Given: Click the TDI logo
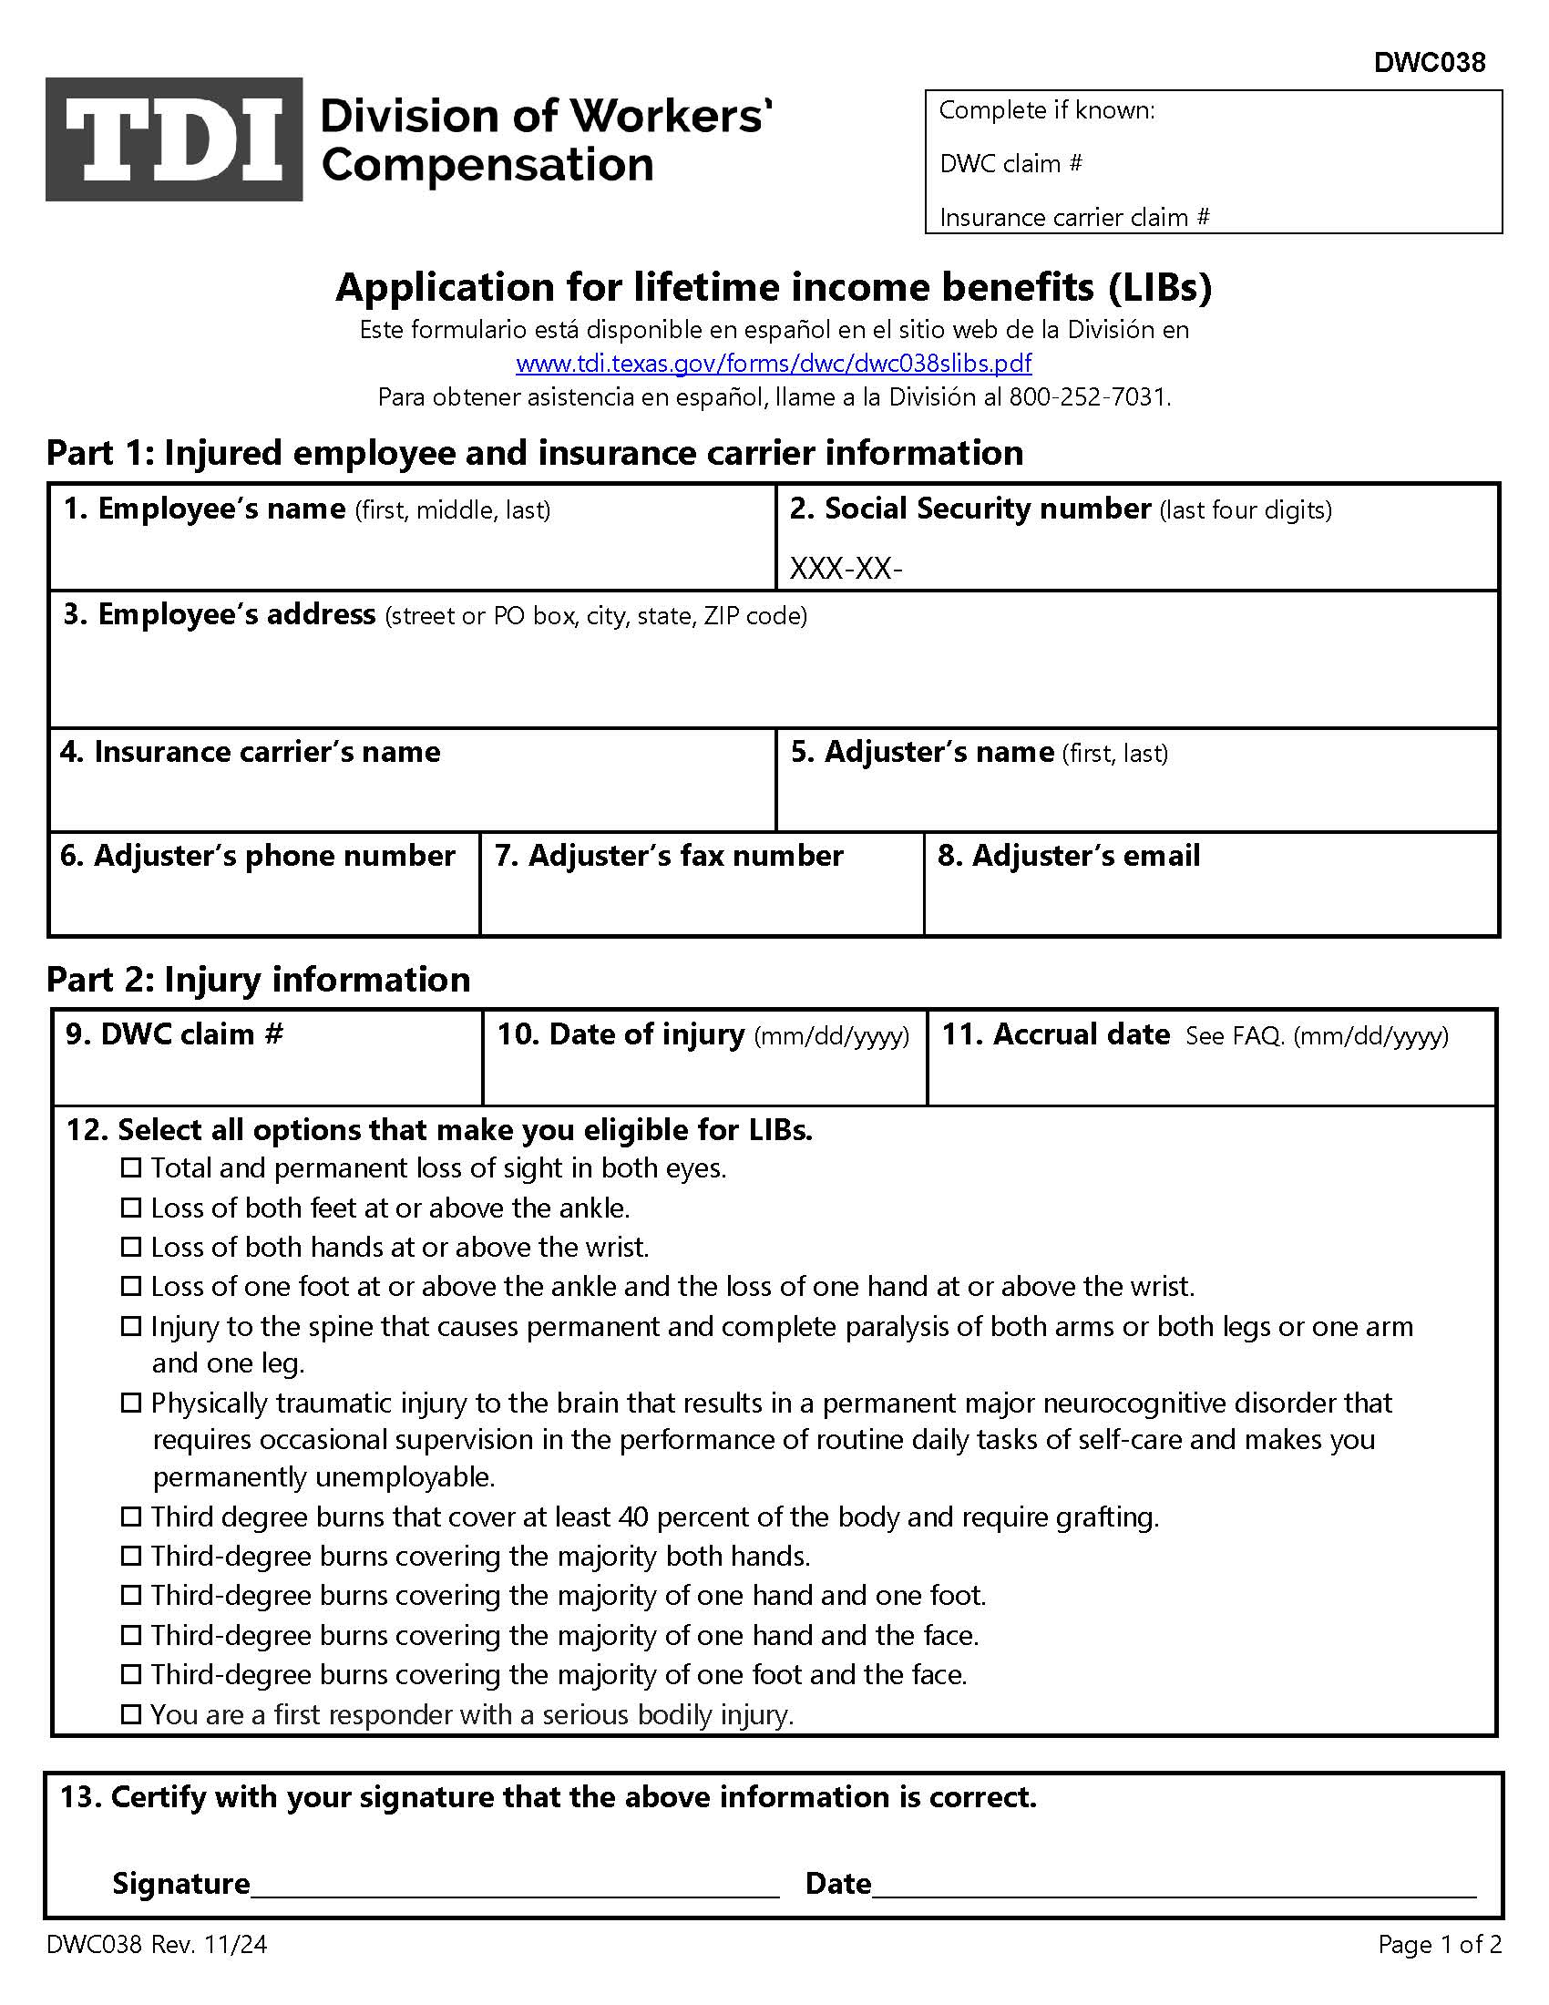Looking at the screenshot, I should point(173,139).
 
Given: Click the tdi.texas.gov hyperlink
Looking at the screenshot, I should point(774,364).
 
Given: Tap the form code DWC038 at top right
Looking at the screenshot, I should point(1429,62).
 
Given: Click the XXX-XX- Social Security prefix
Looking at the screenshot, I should point(846,570).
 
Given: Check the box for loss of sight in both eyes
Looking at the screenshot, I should point(131,1167).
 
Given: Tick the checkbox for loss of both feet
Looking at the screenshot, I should point(131,1208).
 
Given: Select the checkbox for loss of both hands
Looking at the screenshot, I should point(131,1247).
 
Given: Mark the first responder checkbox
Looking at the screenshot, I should point(131,1714).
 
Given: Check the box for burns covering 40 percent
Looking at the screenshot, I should point(131,1517).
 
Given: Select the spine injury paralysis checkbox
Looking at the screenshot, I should point(131,1327).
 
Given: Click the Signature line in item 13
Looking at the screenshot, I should point(514,1884).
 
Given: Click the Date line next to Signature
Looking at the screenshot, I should point(1173,1884).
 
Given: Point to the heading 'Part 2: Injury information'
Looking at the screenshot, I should point(258,980).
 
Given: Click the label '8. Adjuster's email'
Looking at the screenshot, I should point(1068,856).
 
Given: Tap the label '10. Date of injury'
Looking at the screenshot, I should point(621,1034).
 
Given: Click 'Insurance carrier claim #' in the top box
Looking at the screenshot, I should point(1073,218).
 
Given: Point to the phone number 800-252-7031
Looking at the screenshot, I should point(1088,397).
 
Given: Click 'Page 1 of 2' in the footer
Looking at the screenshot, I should point(1439,1945).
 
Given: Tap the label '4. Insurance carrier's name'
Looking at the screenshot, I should point(250,752).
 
